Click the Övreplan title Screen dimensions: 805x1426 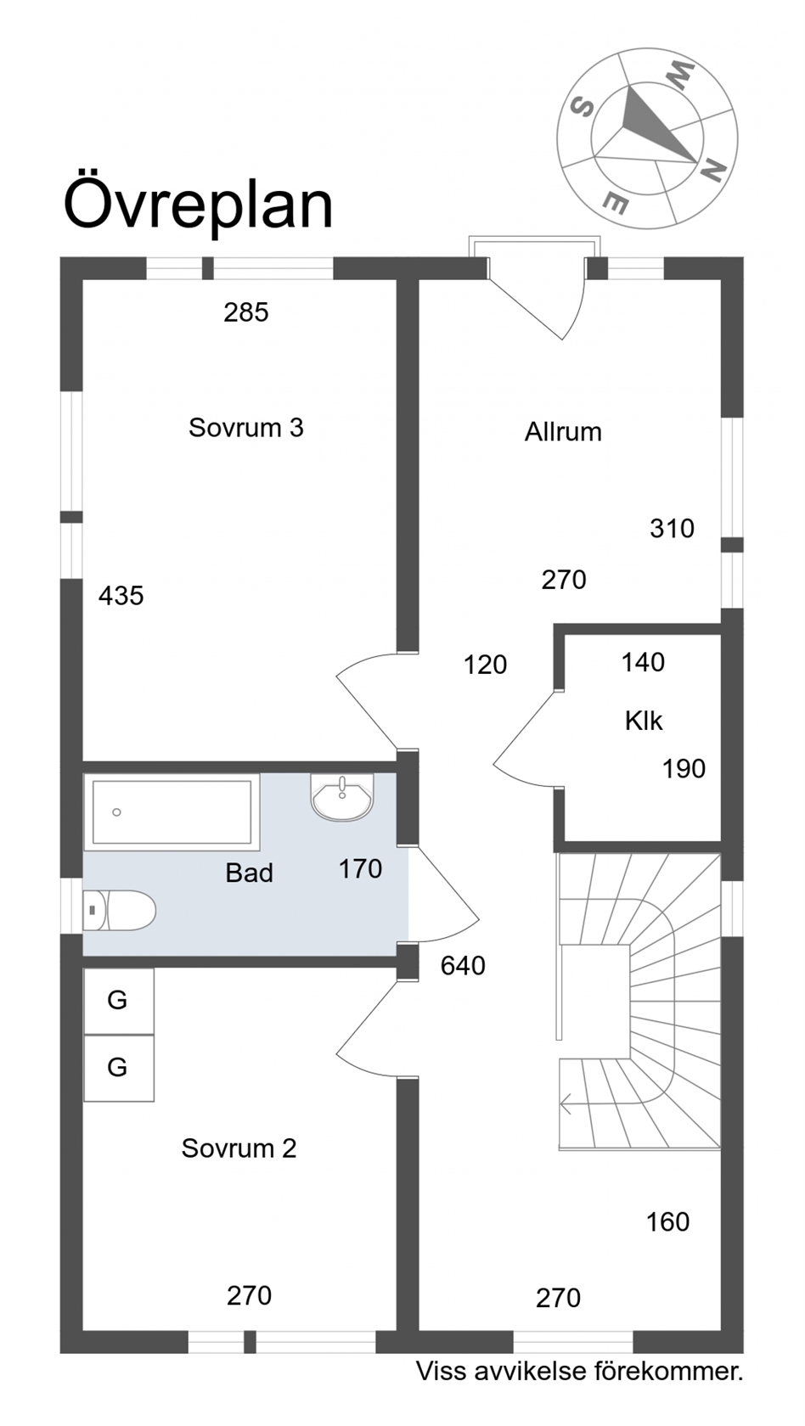[198, 202]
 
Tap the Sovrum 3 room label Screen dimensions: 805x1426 [246, 428]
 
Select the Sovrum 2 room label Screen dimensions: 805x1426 [239, 1148]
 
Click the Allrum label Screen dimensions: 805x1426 [563, 431]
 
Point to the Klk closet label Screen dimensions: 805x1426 [644, 721]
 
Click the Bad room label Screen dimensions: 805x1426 [249, 873]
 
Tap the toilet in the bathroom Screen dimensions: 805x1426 [119, 910]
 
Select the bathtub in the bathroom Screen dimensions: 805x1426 [172, 812]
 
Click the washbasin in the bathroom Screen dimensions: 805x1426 [342, 797]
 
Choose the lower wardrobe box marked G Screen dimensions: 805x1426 [119, 1068]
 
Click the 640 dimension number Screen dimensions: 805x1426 [463, 966]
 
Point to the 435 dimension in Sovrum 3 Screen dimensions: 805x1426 [121, 596]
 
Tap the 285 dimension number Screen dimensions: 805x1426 [246, 312]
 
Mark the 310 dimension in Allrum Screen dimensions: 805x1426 [672, 528]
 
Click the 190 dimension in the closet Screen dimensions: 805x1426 [684, 769]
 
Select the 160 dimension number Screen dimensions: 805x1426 [668, 1222]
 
